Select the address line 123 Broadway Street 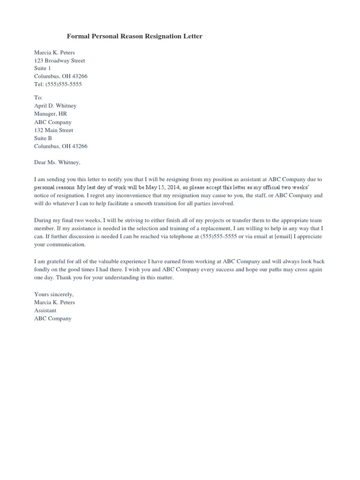point(60,60)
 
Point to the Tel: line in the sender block point(58,84)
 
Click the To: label point(38,97)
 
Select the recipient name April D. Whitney point(55,106)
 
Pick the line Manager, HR point(50,114)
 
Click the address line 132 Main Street point(53,130)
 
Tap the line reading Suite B point(43,138)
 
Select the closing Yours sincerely point(54,294)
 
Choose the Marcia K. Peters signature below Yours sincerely point(54,302)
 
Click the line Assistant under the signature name point(45,310)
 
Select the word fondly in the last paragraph point(42,270)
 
